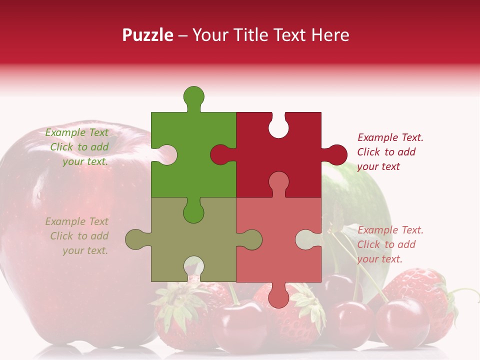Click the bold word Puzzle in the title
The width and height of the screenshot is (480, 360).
pos(148,35)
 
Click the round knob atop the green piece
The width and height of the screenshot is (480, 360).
pos(194,96)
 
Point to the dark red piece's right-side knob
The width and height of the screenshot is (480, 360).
pos(336,154)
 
